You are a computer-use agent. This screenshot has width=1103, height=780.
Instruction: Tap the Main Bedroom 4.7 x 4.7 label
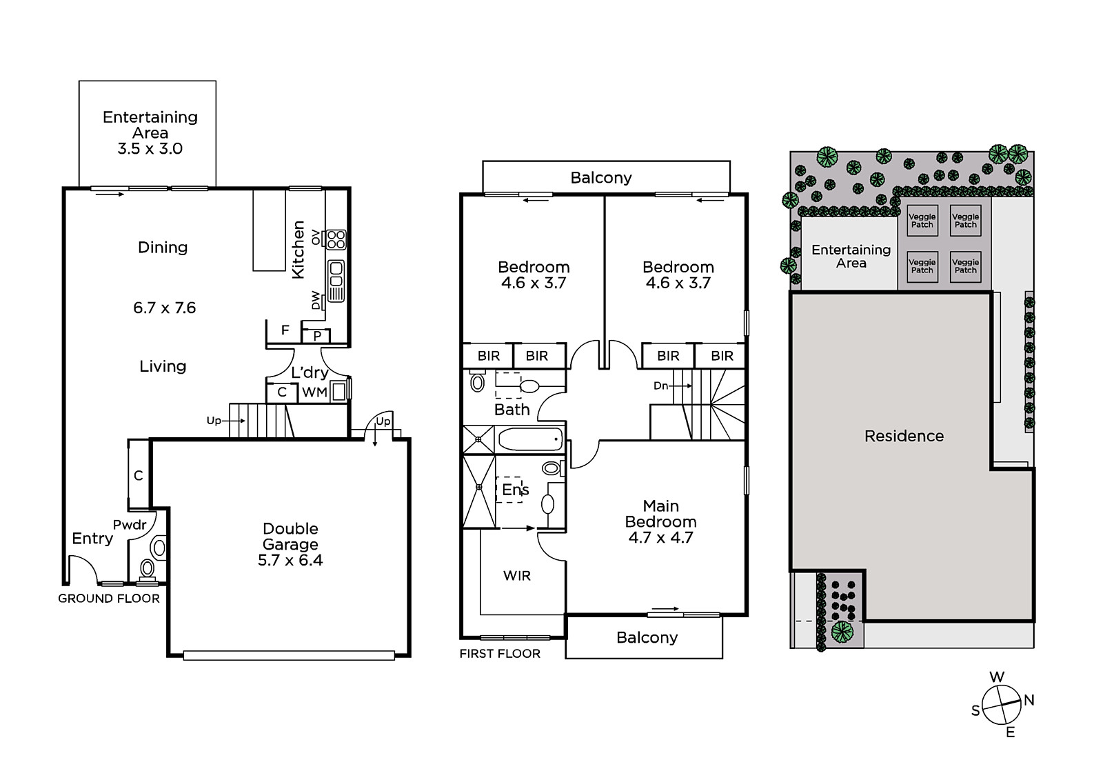click(x=661, y=521)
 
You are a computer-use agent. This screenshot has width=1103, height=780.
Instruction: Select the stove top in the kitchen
click(x=336, y=240)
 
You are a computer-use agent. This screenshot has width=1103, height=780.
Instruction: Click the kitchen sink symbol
click(x=336, y=281)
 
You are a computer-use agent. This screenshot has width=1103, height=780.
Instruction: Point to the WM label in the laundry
click(x=314, y=392)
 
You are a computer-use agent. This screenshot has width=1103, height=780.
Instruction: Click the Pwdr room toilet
click(x=148, y=568)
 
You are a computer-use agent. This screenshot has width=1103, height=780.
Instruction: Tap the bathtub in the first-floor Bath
click(x=530, y=439)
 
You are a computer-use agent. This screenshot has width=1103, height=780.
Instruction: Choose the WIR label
click(x=517, y=575)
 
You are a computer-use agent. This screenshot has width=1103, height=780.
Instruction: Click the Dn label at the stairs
click(x=660, y=386)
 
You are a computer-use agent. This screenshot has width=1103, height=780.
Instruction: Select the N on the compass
click(x=1029, y=700)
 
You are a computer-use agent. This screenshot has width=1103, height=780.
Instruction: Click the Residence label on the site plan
click(x=904, y=436)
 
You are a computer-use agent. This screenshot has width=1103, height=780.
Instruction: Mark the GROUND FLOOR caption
click(x=109, y=598)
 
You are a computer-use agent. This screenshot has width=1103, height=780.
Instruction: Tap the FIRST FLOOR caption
click(x=500, y=653)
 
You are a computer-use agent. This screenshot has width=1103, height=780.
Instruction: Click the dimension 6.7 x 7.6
click(x=165, y=308)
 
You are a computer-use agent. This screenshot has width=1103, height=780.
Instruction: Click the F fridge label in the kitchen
click(x=285, y=330)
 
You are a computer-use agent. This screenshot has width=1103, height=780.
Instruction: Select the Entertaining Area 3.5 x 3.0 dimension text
click(x=150, y=148)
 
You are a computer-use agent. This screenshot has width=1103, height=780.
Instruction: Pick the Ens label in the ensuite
click(x=515, y=489)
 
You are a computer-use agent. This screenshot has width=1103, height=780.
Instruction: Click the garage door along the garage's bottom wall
click(x=289, y=655)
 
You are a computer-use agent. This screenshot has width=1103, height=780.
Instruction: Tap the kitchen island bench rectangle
click(x=270, y=230)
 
